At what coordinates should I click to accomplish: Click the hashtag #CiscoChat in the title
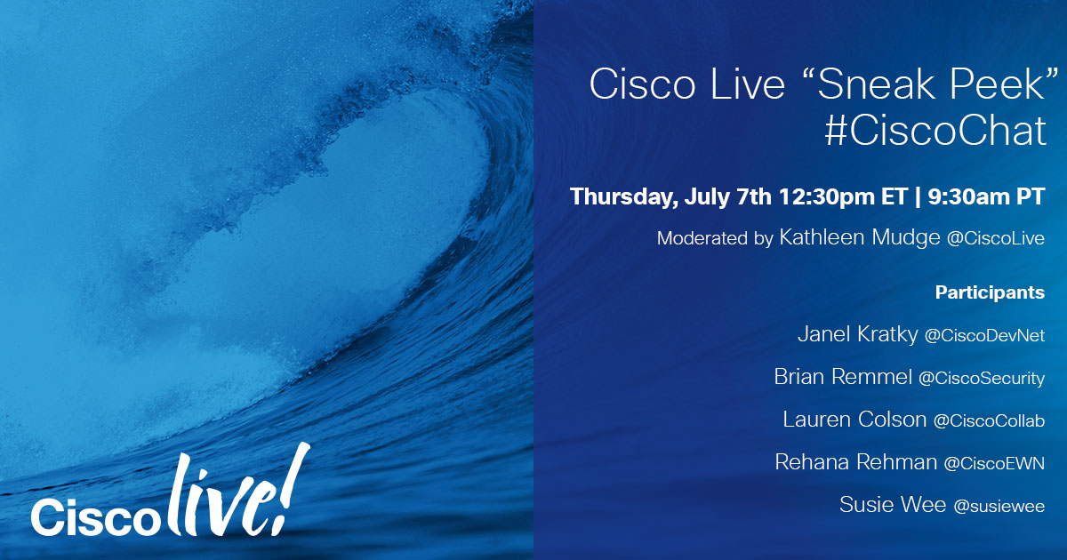coord(935,130)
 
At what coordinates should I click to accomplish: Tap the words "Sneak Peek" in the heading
coord(928,84)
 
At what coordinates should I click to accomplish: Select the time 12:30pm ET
coord(843,196)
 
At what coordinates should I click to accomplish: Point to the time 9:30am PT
coord(986,196)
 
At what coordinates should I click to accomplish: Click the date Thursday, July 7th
coord(670,197)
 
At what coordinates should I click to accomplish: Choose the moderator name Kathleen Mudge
coord(860,237)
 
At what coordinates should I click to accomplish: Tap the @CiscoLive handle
coord(996,238)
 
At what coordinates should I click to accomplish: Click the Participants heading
coord(990,292)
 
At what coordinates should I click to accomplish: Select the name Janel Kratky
coord(857,334)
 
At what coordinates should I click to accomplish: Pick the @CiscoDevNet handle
coord(984,336)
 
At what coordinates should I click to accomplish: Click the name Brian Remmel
coord(843,377)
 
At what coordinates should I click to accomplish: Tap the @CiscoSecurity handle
coord(982,378)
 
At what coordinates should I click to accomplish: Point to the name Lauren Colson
coord(854,420)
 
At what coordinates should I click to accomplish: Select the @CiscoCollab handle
coord(989,421)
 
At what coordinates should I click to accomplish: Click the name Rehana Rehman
coord(856,462)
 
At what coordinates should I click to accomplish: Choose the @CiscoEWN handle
coord(994,463)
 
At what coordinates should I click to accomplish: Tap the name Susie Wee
coord(893,504)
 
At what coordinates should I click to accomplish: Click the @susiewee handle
coord(999,506)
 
